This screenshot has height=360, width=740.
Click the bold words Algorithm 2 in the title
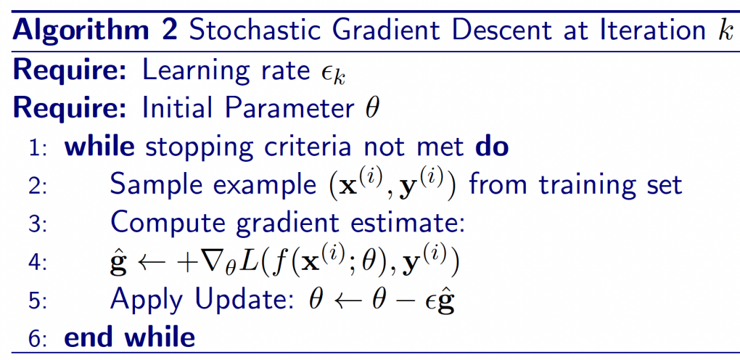[95, 30]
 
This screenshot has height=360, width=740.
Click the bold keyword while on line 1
[99, 147]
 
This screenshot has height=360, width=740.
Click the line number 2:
[37, 186]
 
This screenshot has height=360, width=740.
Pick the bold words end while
[129, 337]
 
